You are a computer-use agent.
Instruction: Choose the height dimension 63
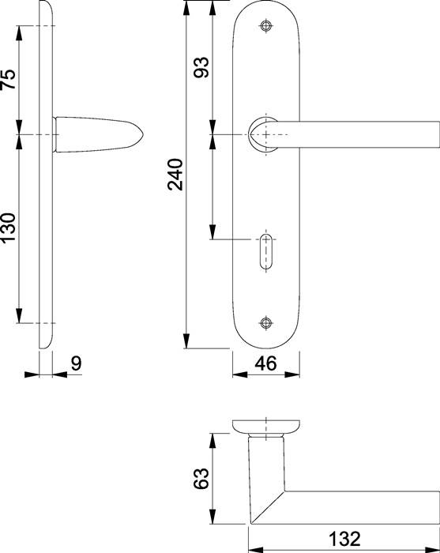201,478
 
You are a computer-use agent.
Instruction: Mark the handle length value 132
344,540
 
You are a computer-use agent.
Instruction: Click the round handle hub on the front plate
264,134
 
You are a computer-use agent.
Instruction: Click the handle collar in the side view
56,135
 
